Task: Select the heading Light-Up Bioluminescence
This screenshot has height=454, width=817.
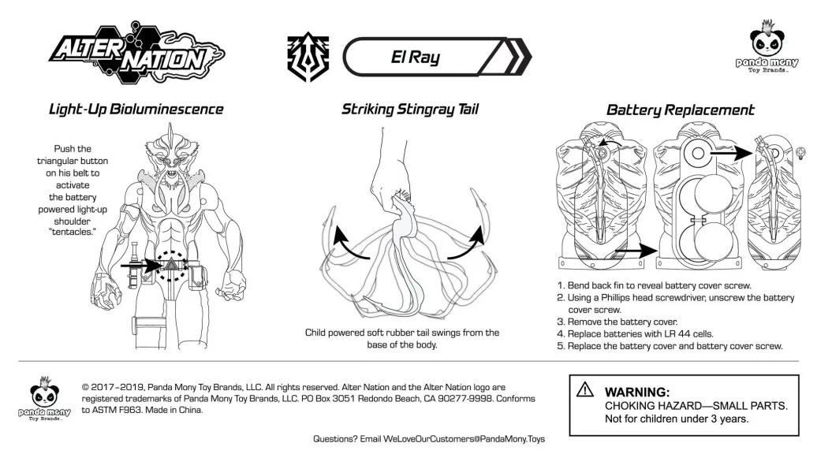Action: (136, 110)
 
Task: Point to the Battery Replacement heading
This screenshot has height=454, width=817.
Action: (680, 110)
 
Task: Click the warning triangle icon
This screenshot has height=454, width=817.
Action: (584, 389)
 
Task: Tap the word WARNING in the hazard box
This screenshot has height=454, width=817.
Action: (636, 392)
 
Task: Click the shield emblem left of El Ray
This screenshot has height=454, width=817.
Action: (305, 58)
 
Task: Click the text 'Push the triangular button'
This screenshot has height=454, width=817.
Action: (73, 154)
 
